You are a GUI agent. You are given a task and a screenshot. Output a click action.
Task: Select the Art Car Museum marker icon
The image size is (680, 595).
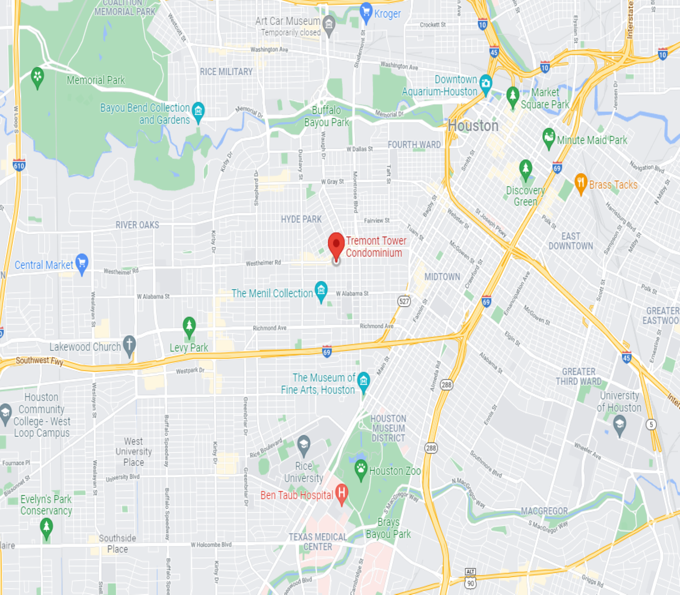329,25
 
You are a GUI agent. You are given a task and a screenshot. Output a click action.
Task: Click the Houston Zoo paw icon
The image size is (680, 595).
361,469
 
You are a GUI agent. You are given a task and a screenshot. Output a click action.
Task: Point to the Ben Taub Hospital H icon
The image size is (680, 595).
341,493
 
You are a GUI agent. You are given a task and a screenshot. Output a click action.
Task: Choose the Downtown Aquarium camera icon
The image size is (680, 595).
485,84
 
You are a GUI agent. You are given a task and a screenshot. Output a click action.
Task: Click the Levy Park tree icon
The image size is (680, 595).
189,326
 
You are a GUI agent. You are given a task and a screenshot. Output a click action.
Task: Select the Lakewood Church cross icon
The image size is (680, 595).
129,345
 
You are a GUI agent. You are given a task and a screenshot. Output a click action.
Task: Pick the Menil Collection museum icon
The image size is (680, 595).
321,291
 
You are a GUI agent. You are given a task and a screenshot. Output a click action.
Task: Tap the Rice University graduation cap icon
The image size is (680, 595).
303,445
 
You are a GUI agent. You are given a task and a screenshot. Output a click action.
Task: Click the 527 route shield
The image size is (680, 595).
404,301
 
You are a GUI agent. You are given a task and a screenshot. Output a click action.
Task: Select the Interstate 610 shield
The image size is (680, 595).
19,165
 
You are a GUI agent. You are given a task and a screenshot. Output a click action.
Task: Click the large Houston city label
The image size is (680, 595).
473,126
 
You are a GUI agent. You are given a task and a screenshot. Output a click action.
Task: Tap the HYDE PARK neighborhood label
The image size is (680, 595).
301,219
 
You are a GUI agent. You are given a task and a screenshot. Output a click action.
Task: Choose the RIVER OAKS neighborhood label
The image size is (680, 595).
137,225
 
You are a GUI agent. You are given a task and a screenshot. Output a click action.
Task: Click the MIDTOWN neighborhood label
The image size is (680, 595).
442,277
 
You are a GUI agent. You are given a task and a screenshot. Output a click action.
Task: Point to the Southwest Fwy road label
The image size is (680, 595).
39,361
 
